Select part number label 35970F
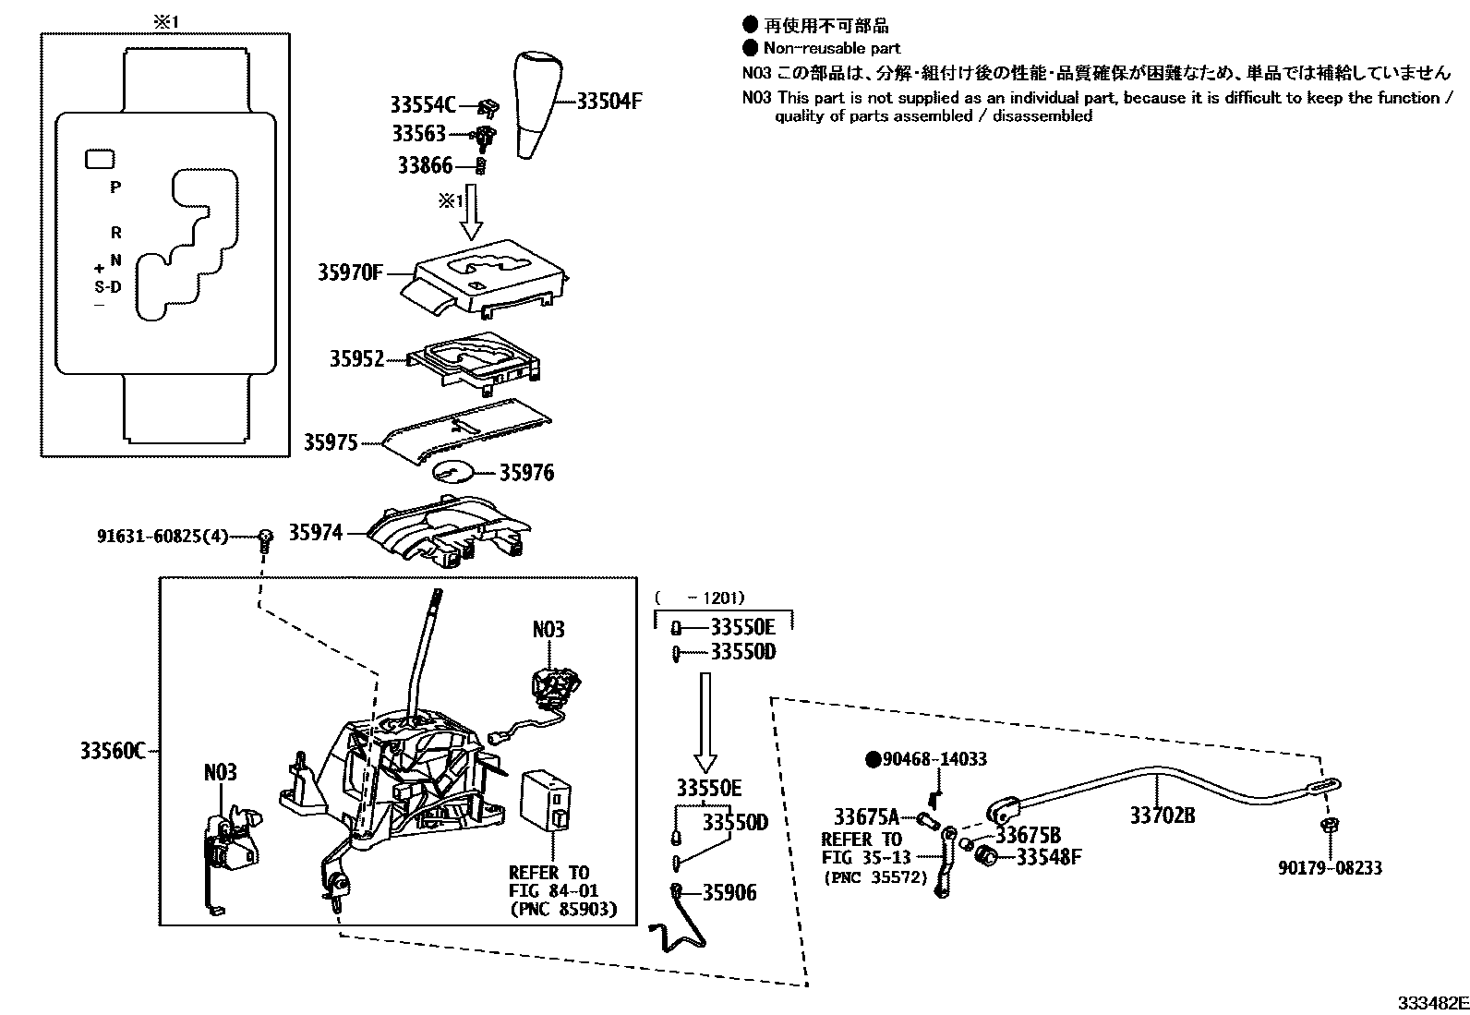[x=350, y=272]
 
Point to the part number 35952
[x=356, y=358]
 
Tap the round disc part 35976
[x=452, y=471]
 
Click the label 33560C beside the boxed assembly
[x=112, y=751]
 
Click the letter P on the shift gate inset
[x=115, y=187]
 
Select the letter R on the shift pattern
[x=116, y=234]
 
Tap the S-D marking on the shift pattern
[x=108, y=286]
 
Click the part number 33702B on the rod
[x=1163, y=816]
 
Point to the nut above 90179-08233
[x=1330, y=825]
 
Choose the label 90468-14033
[x=934, y=759]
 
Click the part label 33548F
[x=1048, y=857]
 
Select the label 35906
[x=729, y=892]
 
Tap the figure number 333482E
[x=1430, y=1003]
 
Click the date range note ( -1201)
[x=699, y=598]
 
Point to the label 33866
[x=426, y=165]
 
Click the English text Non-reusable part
[x=831, y=48]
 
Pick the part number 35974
[x=315, y=533]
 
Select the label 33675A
[x=866, y=817]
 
